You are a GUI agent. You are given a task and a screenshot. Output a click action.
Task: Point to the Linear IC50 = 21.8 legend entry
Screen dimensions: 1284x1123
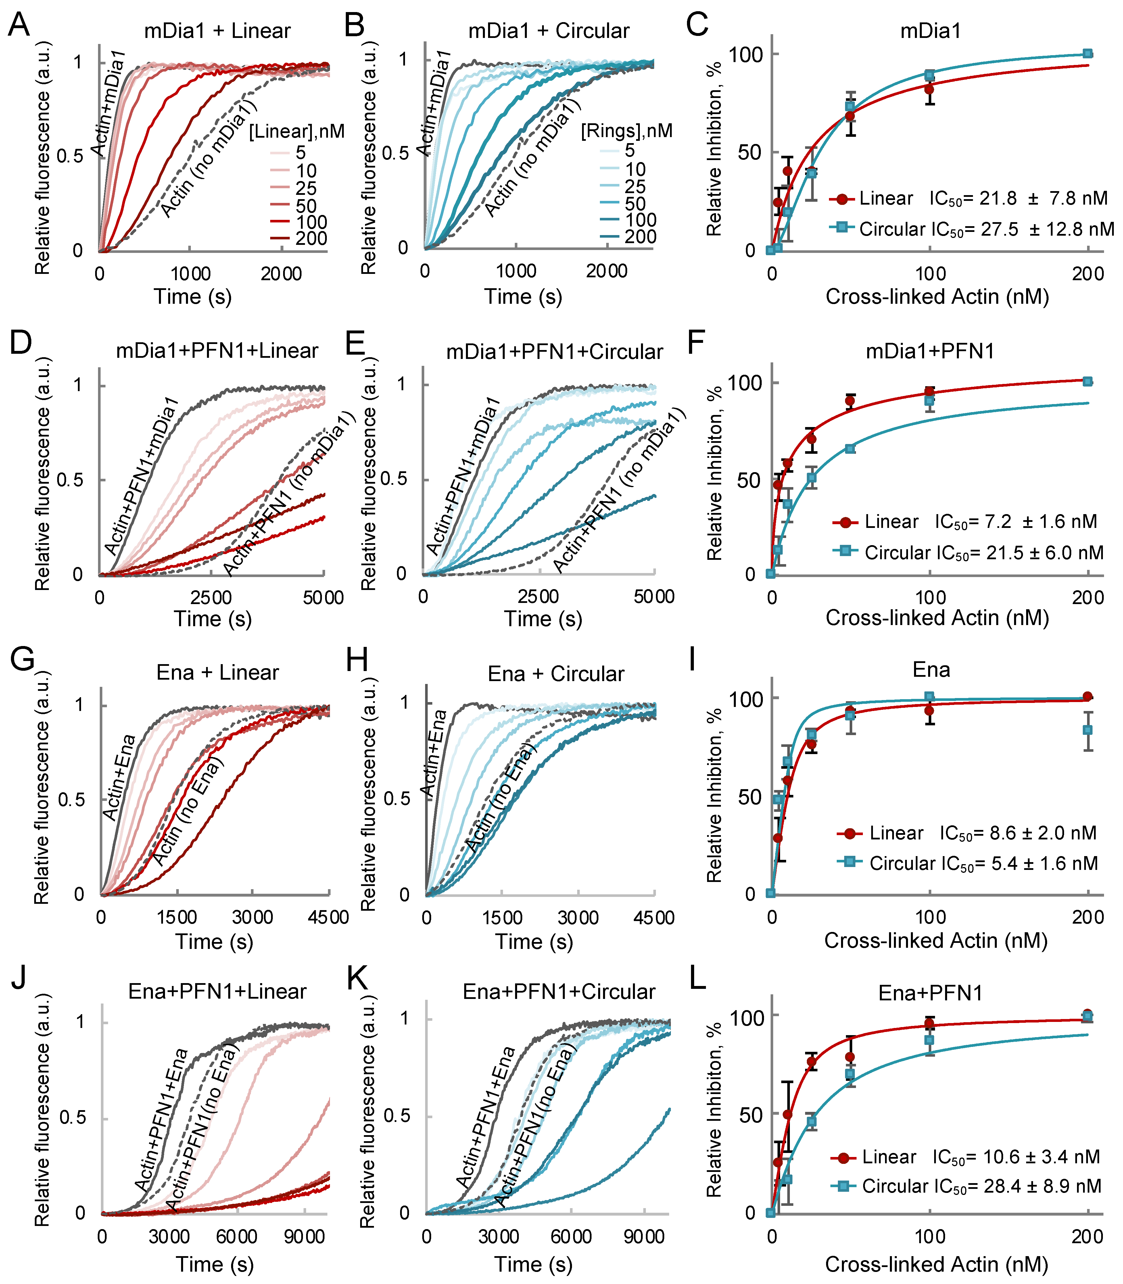968,199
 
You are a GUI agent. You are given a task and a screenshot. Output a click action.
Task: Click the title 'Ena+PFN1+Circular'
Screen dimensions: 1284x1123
558,992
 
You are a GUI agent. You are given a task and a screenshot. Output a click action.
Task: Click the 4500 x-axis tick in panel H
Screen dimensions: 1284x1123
654,918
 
